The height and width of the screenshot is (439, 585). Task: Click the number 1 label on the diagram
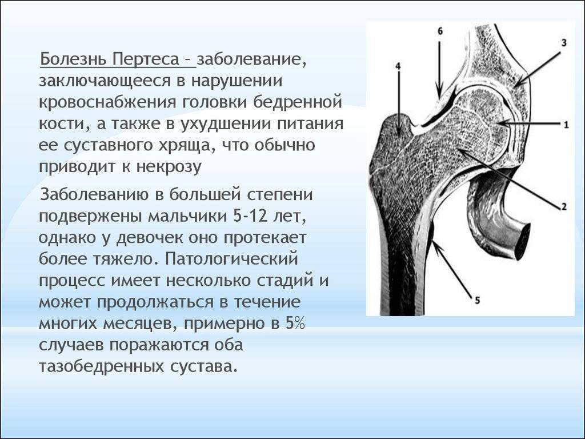click(x=566, y=125)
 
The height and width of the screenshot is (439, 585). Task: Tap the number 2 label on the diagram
click(x=564, y=206)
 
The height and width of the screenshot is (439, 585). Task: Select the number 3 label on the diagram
click(x=564, y=43)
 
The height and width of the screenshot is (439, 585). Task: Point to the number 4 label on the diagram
click(x=398, y=66)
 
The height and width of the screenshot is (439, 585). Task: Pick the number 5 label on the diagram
click(x=477, y=300)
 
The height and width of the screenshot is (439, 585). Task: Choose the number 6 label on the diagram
click(x=440, y=31)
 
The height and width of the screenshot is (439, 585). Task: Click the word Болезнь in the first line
click(x=74, y=59)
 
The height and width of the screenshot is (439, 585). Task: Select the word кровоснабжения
click(x=107, y=102)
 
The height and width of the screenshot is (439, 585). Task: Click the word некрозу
click(x=169, y=166)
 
